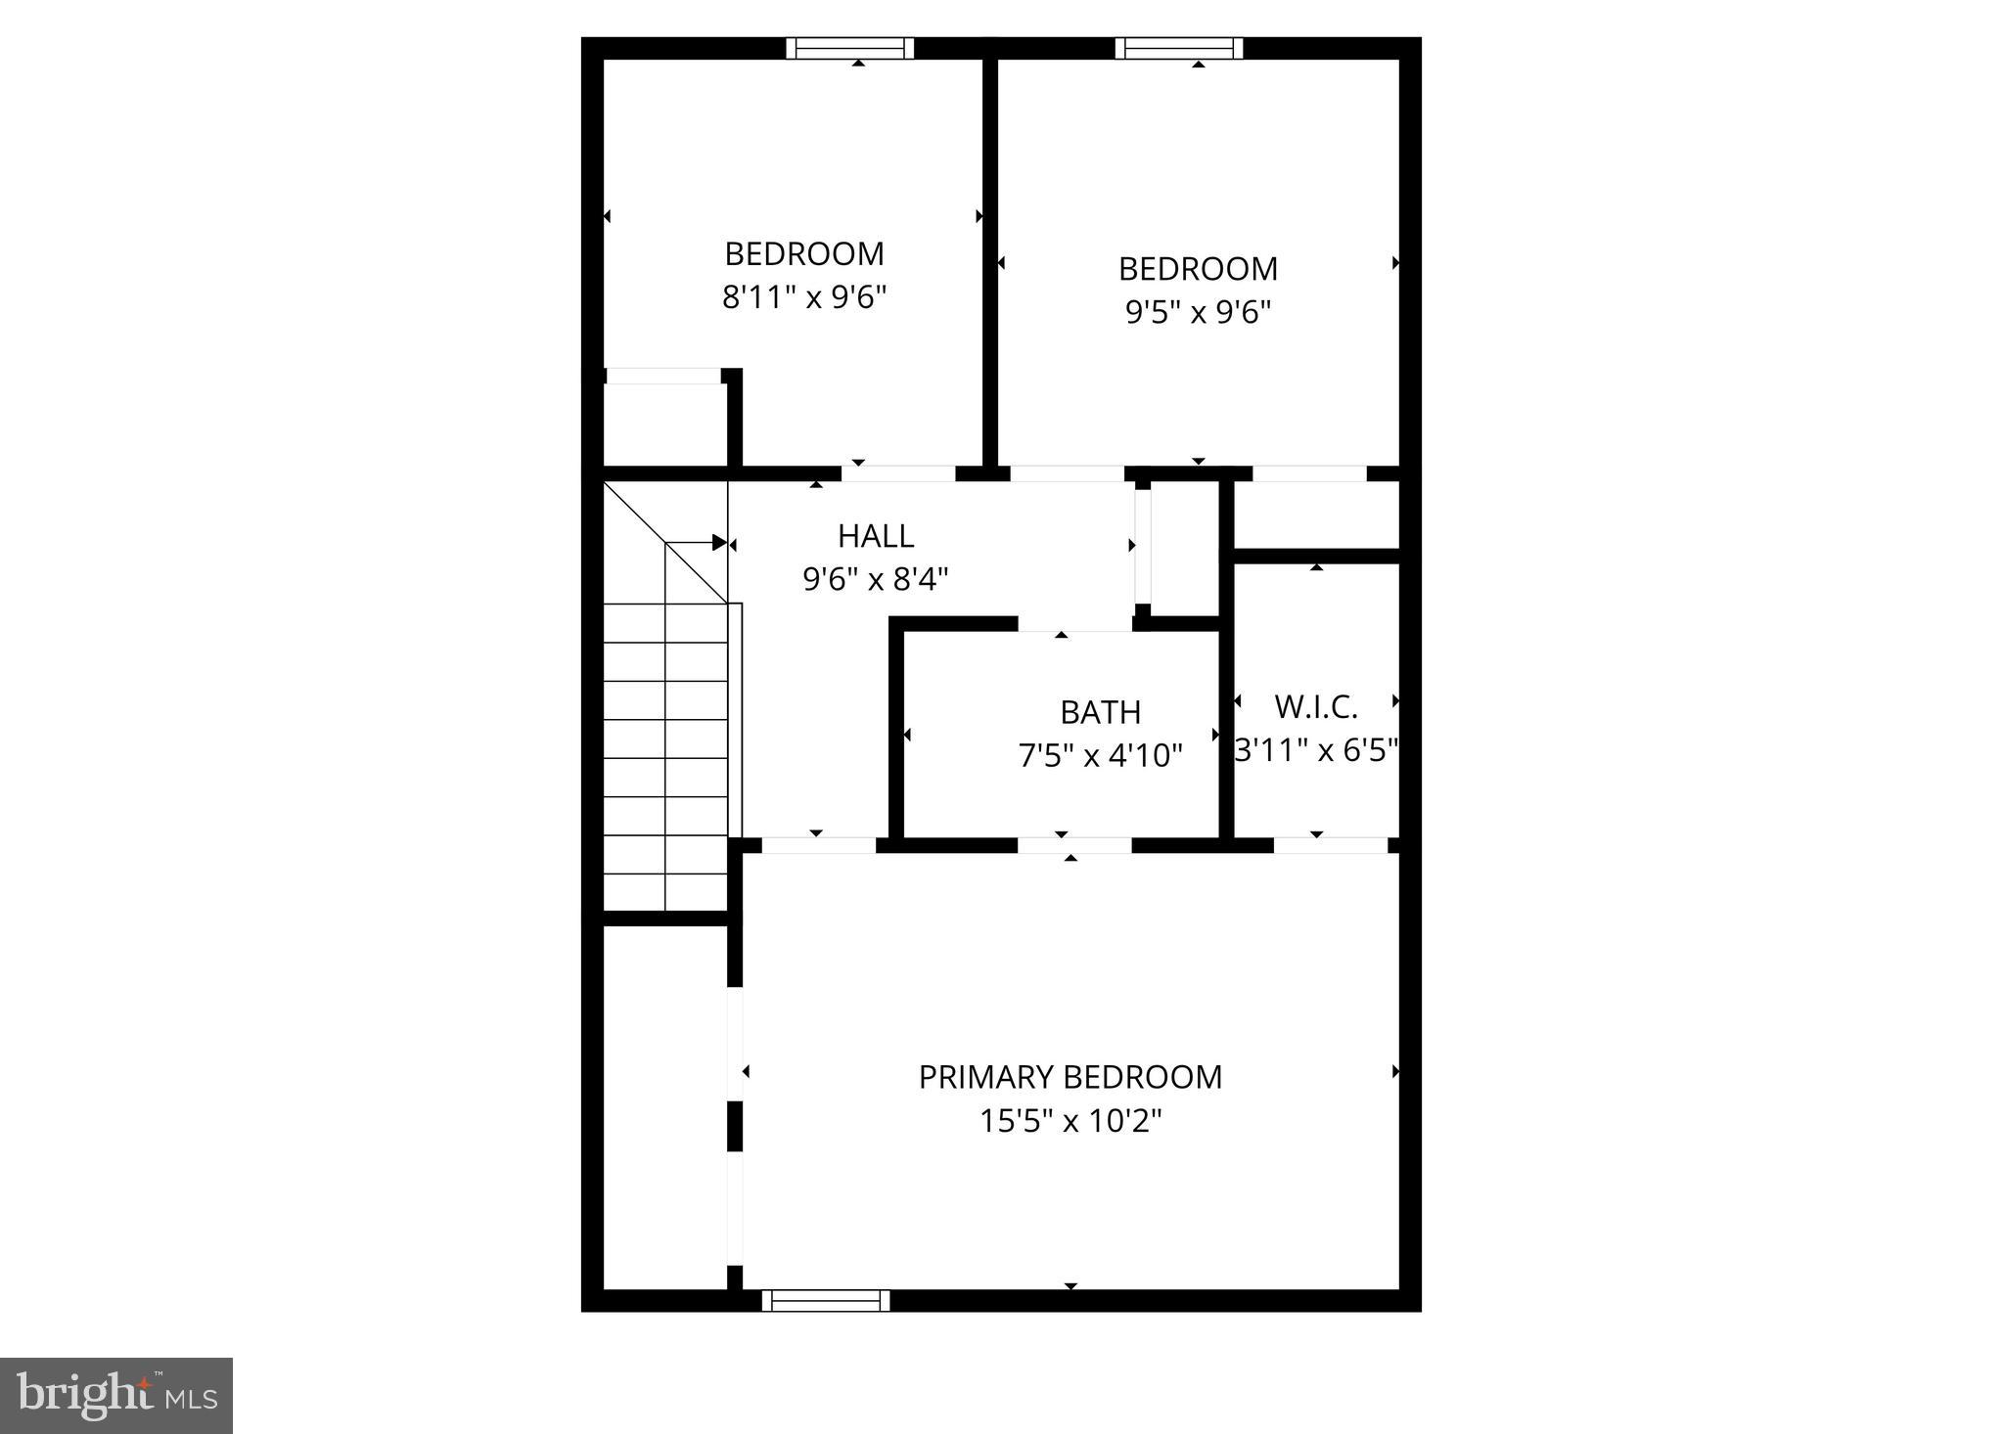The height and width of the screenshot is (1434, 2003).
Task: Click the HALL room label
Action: pos(876,536)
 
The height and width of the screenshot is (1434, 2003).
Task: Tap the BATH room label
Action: pos(1100,712)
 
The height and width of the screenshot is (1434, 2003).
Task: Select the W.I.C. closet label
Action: pos(1316,706)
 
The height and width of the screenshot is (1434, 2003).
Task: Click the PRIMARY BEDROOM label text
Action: pos(1070,1077)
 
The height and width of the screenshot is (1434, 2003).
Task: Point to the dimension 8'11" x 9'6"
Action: pos(804,297)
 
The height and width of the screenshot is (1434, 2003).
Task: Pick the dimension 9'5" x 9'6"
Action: pos(1198,312)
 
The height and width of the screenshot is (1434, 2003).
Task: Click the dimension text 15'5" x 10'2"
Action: pos(1070,1121)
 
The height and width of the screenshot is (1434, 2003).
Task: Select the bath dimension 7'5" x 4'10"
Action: pos(1100,756)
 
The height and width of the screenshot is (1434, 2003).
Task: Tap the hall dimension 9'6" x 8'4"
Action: pos(876,580)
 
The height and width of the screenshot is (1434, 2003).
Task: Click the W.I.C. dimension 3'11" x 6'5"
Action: pos(1316,750)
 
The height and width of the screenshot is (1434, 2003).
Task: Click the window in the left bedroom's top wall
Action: pos(849,48)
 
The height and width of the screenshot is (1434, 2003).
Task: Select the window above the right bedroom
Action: pos(1178,48)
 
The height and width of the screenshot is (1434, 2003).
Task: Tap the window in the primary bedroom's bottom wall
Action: pos(826,1300)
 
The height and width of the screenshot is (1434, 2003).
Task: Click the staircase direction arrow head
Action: pos(720,543)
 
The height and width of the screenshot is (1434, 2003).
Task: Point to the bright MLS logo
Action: pos(116,1395)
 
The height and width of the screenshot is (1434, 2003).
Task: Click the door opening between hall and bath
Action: pos(1074,624)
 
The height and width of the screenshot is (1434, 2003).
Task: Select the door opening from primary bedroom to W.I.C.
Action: pos(1331,845)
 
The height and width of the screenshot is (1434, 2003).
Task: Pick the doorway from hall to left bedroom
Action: pos(898,473)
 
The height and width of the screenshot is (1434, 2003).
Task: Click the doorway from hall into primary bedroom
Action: pos(818,845)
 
